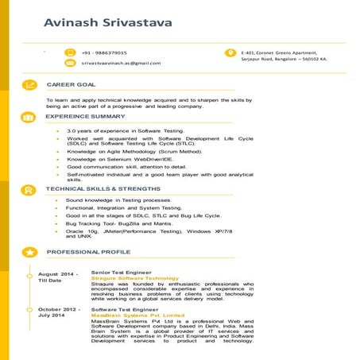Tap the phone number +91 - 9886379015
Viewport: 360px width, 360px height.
[104, 52]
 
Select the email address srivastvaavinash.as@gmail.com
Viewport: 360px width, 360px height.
[122, 63]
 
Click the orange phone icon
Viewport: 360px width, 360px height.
[70, 52]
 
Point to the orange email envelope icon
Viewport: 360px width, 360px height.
[70, 63]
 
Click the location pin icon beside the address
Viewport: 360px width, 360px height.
[230, 53]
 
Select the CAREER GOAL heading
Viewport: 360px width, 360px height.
[72, 84]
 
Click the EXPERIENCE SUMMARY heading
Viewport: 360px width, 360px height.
[86, 116]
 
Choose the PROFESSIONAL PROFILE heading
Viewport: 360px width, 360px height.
[88, 252]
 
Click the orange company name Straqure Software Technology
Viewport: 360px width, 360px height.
[134, 278]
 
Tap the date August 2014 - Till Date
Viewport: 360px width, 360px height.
[57, 277]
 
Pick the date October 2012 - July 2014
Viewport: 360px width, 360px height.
[59, 312]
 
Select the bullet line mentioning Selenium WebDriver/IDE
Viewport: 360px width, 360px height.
[120, 159]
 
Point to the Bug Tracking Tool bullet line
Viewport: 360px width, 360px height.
[119, 223]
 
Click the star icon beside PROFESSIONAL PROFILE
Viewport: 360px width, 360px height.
[29, 252]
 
